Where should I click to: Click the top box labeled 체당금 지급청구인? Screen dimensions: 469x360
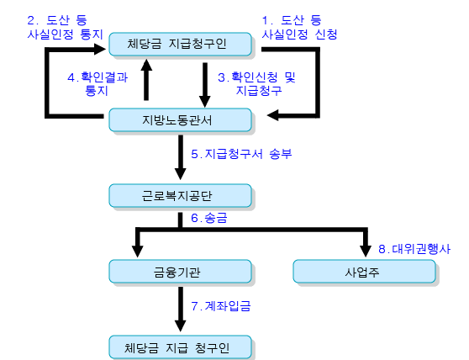coord(180,45)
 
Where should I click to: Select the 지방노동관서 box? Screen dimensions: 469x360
coord(180,120)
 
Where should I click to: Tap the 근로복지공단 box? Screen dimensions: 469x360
coord(180,196)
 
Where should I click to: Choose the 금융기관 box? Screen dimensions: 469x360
coord(180,272)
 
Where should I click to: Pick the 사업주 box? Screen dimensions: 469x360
coord(364,272)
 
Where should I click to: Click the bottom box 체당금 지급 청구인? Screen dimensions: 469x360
coord(180,347)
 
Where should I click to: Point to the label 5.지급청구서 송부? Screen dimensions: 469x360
coord(241,154)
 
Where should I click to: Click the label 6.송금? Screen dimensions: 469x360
coord(209,218)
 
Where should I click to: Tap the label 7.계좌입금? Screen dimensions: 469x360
coord(221,306)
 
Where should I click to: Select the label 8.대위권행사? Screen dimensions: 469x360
coord(414,249)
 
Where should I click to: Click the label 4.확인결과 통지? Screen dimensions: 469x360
coord(97,84)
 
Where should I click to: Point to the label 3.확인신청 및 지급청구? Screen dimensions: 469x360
coord(256,84)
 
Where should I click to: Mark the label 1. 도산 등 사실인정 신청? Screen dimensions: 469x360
coord(299,28)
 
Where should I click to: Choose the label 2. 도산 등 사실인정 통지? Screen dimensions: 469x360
coord(65,28)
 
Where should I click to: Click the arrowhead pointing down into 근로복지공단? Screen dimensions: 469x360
coord(181,174)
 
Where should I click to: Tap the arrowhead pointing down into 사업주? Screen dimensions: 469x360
coord(366,251)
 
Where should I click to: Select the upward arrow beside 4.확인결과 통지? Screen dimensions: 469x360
coord(146,80)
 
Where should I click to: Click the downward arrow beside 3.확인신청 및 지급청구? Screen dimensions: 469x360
coord(205,85)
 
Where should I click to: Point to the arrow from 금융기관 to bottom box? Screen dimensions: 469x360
coord(181,310)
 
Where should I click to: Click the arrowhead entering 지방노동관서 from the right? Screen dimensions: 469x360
coord(273,115)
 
